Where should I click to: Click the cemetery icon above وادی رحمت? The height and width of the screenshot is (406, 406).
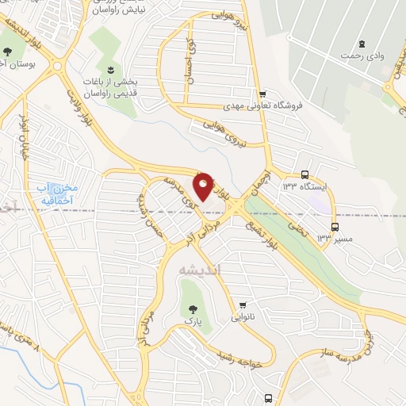point(362,43)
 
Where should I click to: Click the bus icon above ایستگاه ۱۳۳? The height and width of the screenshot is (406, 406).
point(305,175)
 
